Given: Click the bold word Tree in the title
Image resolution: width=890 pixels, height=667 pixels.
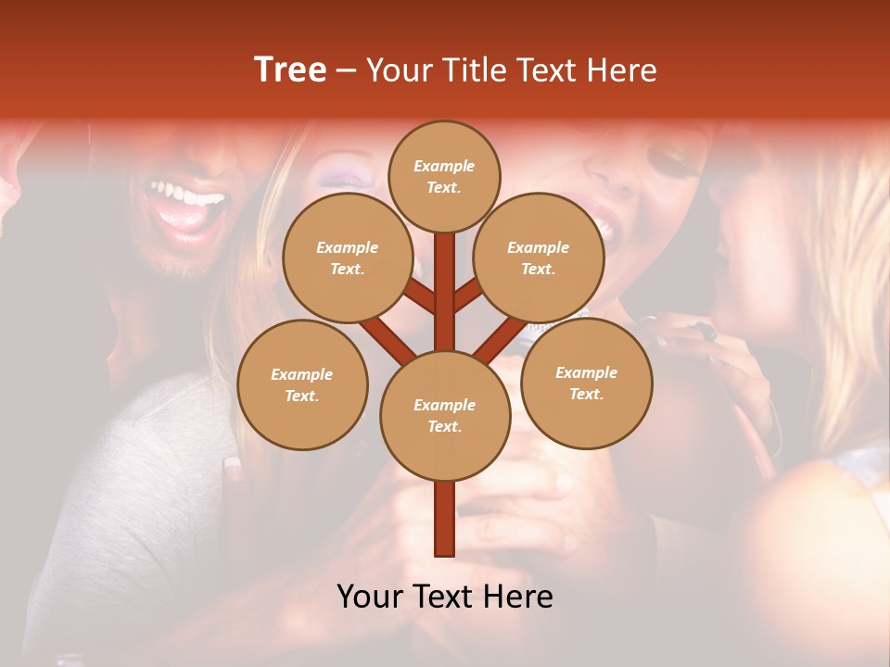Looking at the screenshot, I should click(290, 70).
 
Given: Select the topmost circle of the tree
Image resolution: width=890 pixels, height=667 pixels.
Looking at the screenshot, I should click(444, 176).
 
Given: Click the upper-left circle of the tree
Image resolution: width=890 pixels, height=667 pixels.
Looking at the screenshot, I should click(347, 258).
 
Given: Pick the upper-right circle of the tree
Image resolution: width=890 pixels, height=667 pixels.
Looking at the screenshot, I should click(539, 258).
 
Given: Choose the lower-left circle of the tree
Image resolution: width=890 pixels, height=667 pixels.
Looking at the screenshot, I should click(302, 384).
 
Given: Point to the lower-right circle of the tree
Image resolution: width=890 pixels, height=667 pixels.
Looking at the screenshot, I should click(586, 383).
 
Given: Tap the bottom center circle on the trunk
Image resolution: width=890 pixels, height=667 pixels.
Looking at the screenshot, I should click(445, 415).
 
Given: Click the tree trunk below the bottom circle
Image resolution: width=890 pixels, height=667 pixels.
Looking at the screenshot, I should click(445, 519).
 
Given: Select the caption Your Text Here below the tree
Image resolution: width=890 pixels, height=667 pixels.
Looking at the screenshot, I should click(445, 597).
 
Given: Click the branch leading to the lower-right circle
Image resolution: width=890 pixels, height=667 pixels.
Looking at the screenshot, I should click(502, 339).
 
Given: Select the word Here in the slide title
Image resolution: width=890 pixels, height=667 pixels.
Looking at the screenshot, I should click(622, 70).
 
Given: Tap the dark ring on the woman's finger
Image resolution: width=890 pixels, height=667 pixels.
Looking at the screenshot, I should click(707, 331).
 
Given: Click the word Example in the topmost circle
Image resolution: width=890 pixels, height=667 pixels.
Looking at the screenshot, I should click(444, 166).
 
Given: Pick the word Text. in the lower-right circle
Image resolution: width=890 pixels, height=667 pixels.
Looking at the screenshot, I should click(586, 394).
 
